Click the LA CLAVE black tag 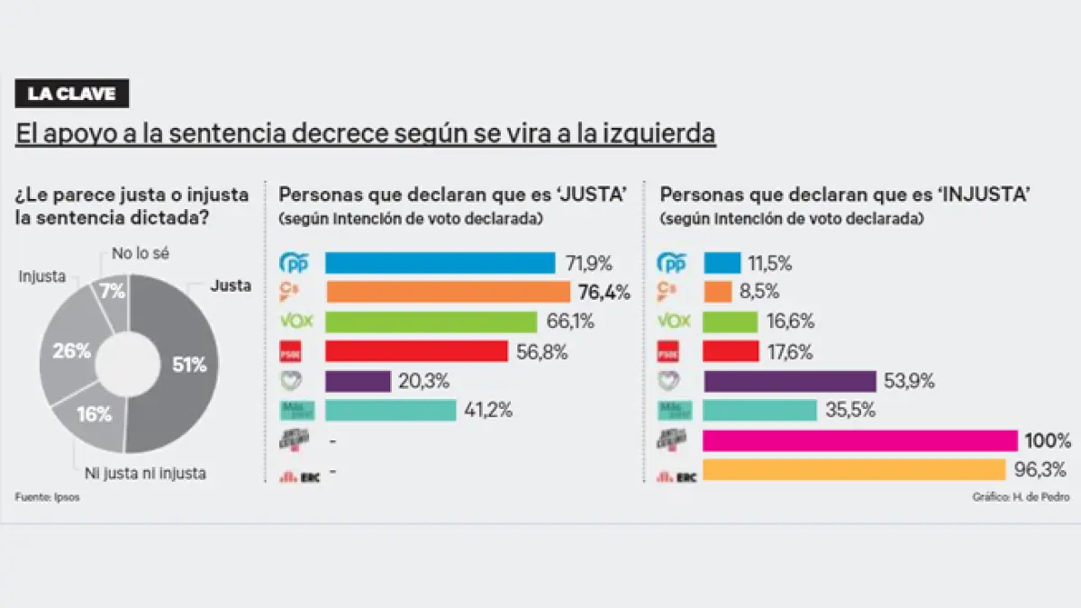point(72,94)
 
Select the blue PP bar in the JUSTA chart point(440,263)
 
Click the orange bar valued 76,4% point(448,292)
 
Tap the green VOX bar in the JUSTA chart point(431,322)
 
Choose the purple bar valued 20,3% point(358,381)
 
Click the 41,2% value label point(489,410)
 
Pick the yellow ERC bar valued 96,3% point(853,469)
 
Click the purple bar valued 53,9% point(789,381)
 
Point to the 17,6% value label point(791,351)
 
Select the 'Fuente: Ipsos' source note point(47,497)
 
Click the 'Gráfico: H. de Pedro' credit point(1022,497)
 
